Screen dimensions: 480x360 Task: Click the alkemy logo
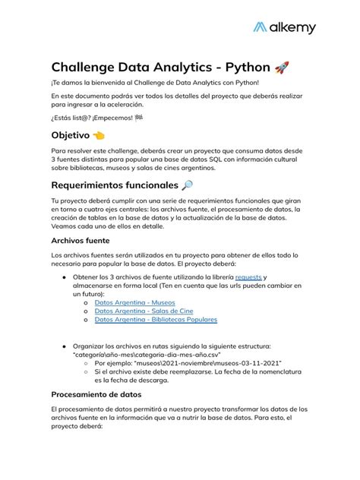pyautogui.click(x=284, y=28)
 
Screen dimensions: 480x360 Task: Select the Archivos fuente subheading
pyautogui.click(x=80, y=241)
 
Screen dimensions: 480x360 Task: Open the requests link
pyautogui.click(x=248, y=277)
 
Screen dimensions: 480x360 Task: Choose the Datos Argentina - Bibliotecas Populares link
pyautogui.click(x=156, y=320)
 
